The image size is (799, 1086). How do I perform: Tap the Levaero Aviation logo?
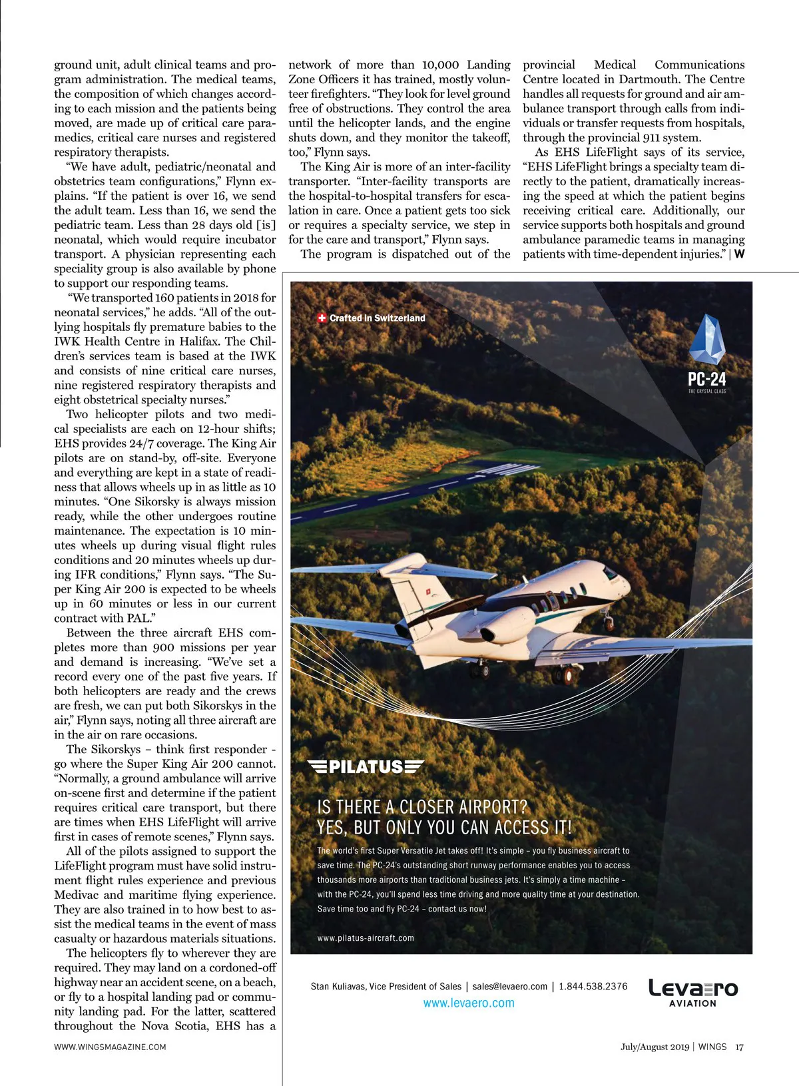[693, 992]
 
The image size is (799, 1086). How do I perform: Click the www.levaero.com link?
[469, 1003]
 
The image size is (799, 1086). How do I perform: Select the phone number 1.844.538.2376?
[593, 986]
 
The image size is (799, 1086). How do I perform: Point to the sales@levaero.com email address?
[510, 986]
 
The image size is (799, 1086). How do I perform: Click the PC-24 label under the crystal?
[706, 380]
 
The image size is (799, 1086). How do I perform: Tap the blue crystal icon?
[706, 340]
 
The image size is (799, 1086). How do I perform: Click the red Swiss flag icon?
[322, 318]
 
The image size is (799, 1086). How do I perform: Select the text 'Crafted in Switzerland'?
[377, 318]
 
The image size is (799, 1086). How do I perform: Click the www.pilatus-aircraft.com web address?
[366, 938]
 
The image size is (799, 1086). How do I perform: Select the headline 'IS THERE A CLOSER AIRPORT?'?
[422, 807]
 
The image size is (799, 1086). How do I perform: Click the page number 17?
[739, 1047]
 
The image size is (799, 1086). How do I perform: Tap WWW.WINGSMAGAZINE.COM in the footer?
[110, 1047]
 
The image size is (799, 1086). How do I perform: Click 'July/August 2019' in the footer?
[655, 1047]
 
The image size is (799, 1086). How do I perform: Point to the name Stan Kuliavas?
[337, 986]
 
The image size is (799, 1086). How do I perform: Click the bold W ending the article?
[739, 254]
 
